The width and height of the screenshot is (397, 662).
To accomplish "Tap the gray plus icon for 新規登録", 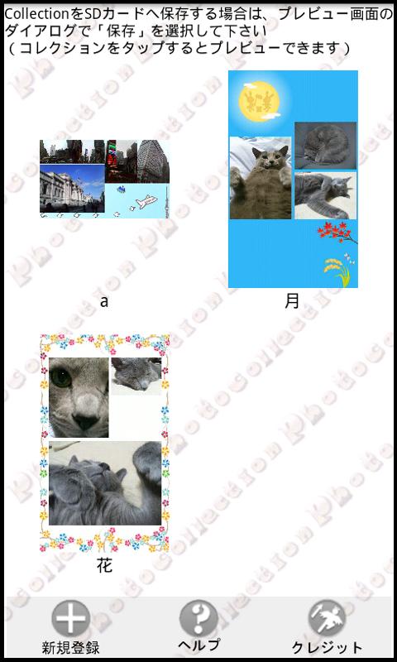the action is (x=71, y=619).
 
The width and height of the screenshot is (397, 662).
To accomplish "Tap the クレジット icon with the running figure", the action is (x=327, y=619).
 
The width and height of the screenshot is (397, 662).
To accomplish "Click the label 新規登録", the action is (x=71, y=647).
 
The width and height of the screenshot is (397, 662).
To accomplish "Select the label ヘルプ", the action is (x=198, y=645).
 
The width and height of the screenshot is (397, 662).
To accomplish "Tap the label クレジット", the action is (x=327, y=647).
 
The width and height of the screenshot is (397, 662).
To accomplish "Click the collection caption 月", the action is (x=292, y=301).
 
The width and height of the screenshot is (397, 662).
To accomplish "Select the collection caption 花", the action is (x=105, y=566).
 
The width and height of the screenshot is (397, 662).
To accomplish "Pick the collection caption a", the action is (x=104, y=302).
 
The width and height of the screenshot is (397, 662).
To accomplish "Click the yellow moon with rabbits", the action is (x=259, y=101).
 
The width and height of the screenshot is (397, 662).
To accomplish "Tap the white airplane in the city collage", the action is (x=146, y=202).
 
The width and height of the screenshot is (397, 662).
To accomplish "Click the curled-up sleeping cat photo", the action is (x=325, y=146).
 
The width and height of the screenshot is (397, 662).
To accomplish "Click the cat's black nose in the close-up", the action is (x=86, y=421).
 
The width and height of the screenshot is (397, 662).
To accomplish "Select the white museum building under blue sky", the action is (x=72, y=189).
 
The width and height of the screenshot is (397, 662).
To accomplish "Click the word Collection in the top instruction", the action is (x=36, y=14).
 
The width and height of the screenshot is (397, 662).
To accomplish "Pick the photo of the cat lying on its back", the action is (x=261, y=178).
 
